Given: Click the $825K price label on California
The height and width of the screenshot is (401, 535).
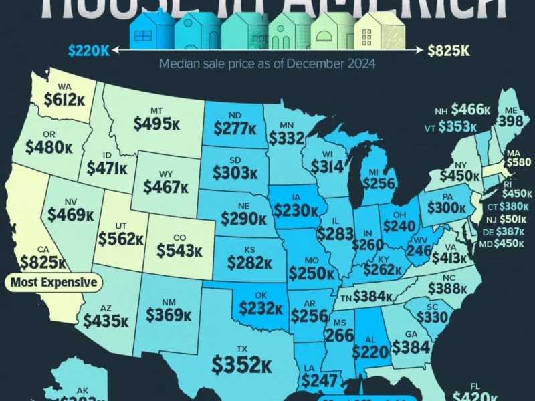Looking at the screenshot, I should pos(43,261).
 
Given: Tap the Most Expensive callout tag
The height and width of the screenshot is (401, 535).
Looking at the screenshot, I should pos(53,282).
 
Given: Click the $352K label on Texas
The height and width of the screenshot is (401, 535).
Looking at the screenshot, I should pos(241,364).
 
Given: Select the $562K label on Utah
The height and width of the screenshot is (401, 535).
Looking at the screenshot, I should pos(121,239).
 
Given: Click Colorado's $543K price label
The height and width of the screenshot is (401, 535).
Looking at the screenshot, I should pos(179,250).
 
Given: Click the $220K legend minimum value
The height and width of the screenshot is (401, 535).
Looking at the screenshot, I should pos(89,49).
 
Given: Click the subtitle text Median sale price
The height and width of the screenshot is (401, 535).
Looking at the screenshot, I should pos(267,64).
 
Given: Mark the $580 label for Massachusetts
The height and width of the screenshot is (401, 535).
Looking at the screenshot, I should pos(518,162).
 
